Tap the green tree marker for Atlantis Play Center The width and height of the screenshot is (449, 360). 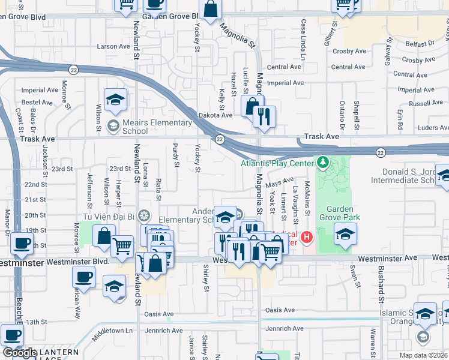pos(323,163)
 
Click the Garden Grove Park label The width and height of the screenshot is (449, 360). pos(339,214)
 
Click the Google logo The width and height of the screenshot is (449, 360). pos(20,353)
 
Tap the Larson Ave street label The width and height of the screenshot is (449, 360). pos(113,46)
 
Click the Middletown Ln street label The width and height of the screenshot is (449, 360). pos(111,331)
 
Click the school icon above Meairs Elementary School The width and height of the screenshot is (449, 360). pos(115,101)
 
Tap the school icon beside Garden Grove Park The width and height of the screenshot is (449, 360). pos(345,235)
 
